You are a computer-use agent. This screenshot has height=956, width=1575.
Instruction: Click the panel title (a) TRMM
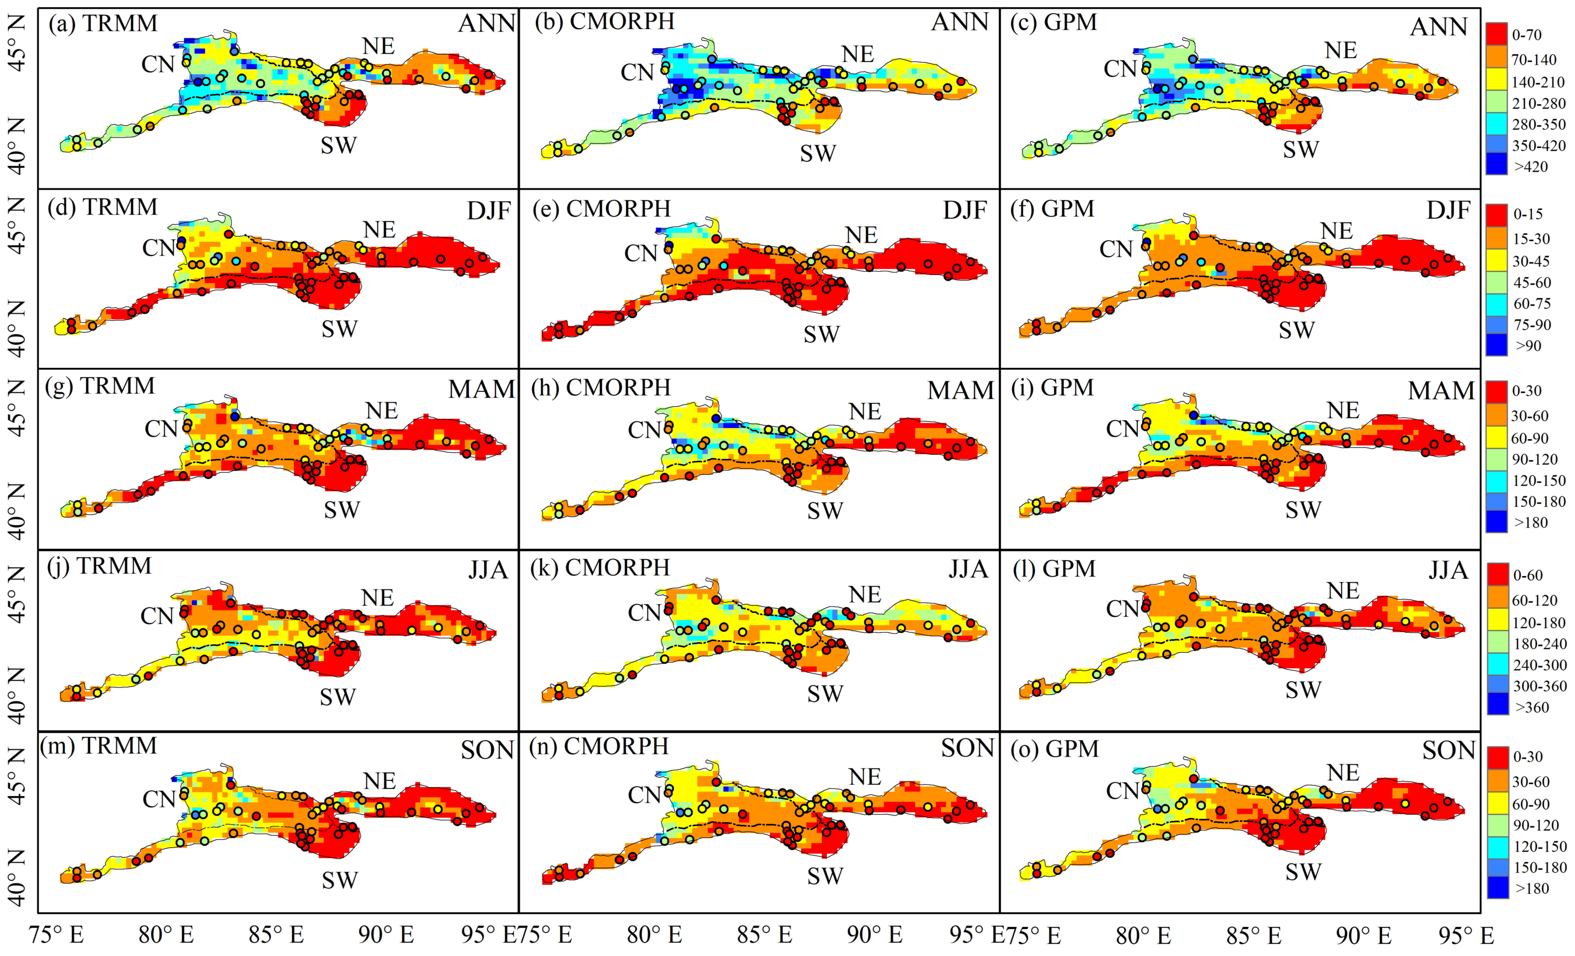coord(102,24)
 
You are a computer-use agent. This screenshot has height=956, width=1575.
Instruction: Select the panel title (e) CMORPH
coord(601,209)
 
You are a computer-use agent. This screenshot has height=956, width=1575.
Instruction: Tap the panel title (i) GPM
coord(1052,388)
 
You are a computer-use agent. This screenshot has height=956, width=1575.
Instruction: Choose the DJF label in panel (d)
coord(489,211)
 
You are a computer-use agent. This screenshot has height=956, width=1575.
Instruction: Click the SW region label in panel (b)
coord(818,153)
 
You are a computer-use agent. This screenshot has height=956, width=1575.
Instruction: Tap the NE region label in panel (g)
coord(382,410)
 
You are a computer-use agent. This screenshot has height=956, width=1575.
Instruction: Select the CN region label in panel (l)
coord(1123,609)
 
